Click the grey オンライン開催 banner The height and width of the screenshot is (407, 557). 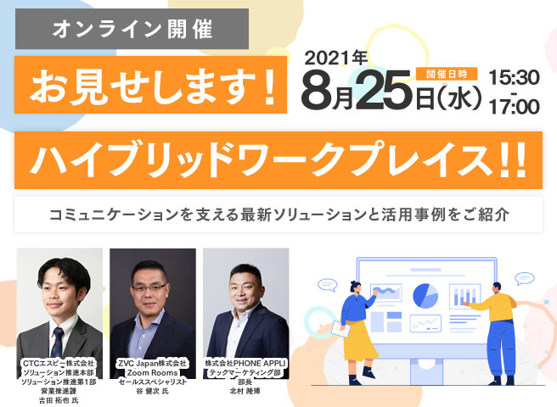[x=132, y=29]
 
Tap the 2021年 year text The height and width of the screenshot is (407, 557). [x=335, y=59]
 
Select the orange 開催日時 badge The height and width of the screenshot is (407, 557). [x=447, y=74]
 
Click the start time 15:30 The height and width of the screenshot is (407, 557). [x=515, y=78]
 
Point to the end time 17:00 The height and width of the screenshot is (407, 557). [x=515, y=107]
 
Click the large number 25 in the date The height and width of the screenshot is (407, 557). [x=385, y=90]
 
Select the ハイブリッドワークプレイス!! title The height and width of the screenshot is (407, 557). [x=278, y=160]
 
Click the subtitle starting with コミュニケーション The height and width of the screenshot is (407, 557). [x=278, y=215]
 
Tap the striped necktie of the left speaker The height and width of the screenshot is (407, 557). [x=58, y=342]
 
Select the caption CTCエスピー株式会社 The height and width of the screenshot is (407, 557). [x=59, y=364]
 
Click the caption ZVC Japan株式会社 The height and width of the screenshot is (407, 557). [x=152, y=364]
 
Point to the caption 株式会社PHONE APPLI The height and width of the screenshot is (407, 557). [x=245, y=364]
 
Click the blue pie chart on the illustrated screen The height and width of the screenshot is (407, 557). [x=425, y=296]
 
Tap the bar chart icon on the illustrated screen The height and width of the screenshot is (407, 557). [x=465, y=297]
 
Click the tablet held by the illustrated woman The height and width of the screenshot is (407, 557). [x=340, y=329]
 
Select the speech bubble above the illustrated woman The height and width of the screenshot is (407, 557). [x=327, y=285]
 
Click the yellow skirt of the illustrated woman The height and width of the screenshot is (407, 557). [x=358, y=340]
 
